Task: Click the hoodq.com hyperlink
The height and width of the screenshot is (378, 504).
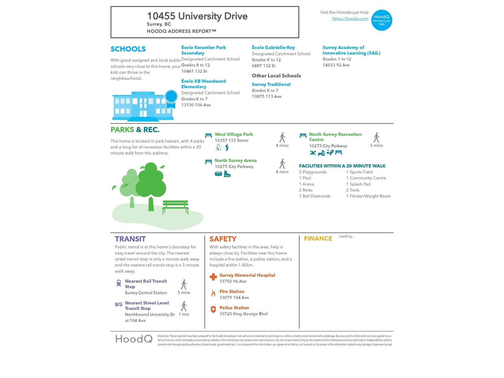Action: pos(350,19)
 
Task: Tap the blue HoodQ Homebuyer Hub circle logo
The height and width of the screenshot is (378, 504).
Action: pos(381,20)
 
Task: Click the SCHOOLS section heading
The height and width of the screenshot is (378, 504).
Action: pos(128,49)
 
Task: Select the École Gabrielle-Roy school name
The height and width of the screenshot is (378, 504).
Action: pos(273,48)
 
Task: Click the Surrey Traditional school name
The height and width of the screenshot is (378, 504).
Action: pos(271,84)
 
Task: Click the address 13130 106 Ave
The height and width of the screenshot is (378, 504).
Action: pos(196,105)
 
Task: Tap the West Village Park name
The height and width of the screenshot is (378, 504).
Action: pos(234,134)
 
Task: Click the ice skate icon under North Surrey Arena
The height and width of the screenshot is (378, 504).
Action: pos(227,174)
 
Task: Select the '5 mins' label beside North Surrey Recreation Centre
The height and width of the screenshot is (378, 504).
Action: pos(376,146)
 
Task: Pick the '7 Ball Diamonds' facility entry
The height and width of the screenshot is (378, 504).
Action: pos(314,196)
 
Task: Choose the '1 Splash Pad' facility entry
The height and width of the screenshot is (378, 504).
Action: pos(358,184)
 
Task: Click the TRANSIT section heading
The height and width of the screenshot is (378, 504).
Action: pos(130,239)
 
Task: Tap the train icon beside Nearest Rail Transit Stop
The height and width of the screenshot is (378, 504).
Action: pos(119,283)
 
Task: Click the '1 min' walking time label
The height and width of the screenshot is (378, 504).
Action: pos(184,314)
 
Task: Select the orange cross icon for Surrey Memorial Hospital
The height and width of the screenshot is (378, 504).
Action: pos(213,277)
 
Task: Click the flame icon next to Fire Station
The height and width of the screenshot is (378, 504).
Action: pos(213,294)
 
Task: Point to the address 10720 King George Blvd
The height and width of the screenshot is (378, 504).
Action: pos(243,314)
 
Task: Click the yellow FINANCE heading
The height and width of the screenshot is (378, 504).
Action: pos(318,238)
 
